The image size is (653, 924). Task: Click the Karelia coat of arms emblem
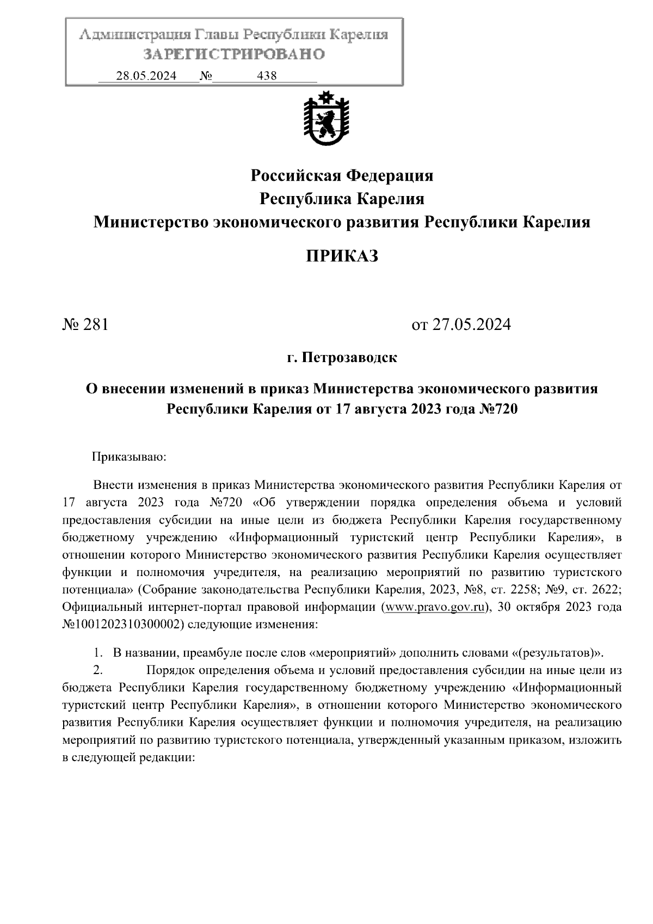point(326,120)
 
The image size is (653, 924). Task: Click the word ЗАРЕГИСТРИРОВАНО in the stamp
point(235,54)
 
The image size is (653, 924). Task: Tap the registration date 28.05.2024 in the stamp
point(146,76)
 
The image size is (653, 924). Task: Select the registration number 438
point(267,76)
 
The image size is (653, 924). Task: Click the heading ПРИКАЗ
point(341,256)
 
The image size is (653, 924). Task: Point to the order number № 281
point(86,325)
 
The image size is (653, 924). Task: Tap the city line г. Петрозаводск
point(342,358)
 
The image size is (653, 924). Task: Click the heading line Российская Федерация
point(342,175)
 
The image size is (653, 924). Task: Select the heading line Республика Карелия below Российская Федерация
point(342,199)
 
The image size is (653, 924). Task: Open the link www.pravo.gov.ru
point(434,607)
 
